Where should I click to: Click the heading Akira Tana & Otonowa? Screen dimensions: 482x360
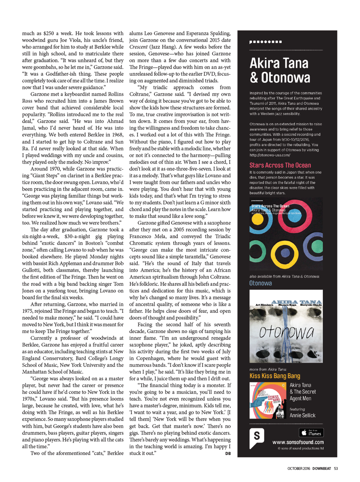click(280, 70)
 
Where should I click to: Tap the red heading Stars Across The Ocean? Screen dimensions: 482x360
click(280, 165)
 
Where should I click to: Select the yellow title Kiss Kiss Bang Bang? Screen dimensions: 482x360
click(274, 376)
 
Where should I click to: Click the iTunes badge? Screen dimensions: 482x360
click(311, 432)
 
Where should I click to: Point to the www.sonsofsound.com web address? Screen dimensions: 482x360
click(298, 442)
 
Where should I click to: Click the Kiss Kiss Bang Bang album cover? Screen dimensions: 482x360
click(268, 400)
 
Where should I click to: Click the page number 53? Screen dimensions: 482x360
click(336, 469)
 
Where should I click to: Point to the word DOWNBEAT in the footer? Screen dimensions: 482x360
click(321, 469)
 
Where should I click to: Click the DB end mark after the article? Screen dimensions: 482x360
click(228, 453)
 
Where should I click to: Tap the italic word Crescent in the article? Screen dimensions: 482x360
click(138, 47)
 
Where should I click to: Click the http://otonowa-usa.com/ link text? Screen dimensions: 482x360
click(269, 155)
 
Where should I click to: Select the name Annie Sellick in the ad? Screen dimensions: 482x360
click(302, 415)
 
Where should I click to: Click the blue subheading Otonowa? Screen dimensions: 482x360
click(260, 283)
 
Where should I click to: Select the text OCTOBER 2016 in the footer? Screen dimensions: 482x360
click(298, 469)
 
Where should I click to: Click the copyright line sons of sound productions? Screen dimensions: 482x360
click(300, 448)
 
